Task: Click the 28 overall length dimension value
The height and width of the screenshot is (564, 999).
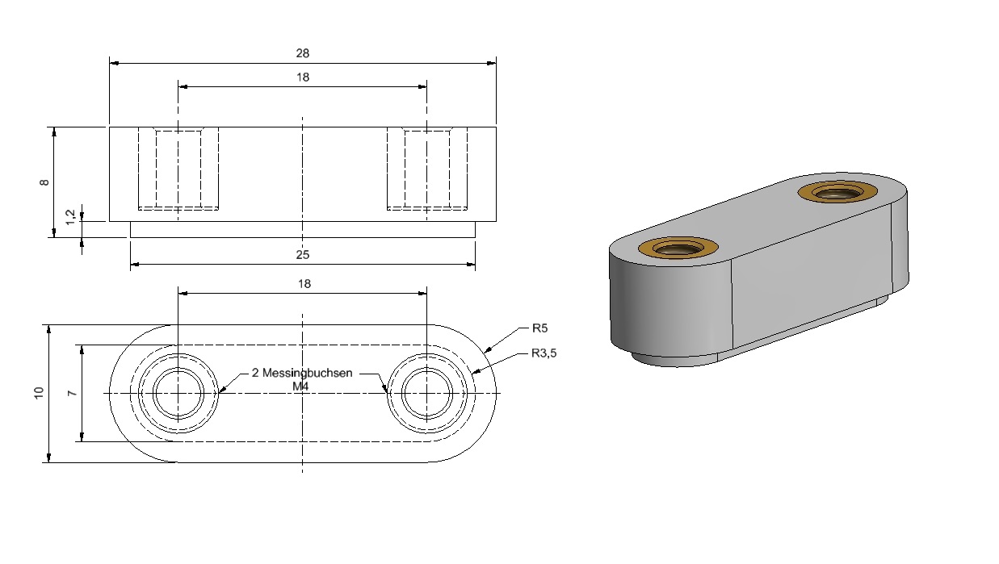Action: pos(302,53)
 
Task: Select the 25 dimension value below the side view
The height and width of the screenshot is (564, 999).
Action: pos(302,255)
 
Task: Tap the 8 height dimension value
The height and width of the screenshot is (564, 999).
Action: pos(44,182)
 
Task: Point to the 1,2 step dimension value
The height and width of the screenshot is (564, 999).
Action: pos(70,217)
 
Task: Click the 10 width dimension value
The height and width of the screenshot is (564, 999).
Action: pos(39,393)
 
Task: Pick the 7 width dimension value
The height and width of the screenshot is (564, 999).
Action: pos(72,394)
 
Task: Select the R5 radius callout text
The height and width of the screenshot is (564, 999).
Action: pos(539,328)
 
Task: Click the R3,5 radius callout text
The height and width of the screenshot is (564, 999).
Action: pos(544,353)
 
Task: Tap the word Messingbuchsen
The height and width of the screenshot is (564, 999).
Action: pos(307,373)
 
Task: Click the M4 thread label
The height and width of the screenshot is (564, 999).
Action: pos(300,386)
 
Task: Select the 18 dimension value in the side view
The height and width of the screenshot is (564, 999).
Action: pos(303,77)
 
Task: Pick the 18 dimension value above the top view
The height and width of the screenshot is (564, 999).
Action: pos(304,284)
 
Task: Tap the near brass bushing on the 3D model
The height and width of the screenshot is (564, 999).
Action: pos(678,249)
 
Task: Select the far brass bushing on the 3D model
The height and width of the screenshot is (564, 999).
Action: pos(837,192)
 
